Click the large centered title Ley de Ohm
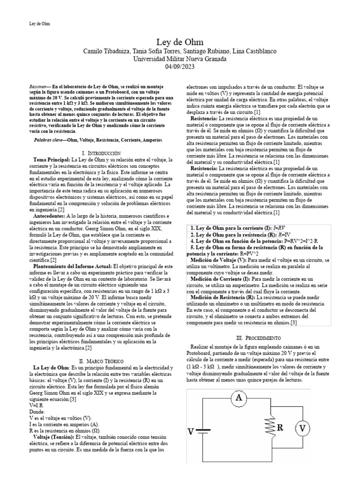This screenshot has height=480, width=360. click(x=180, y=43)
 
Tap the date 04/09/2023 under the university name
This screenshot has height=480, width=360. click(x=180, y=67)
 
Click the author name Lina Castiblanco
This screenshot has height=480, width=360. click(x=254, y=51)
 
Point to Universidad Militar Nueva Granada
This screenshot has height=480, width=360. click(x=180, y=59)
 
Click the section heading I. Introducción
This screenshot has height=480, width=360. click(x=101, y=153)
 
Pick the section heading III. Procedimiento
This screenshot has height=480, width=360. click(x=259, y=337)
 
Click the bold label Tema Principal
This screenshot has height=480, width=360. click(x=52, y=160)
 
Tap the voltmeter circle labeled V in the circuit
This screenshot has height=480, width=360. click(x=303, y=427)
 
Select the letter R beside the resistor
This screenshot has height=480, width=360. click(x=280, y=427)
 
